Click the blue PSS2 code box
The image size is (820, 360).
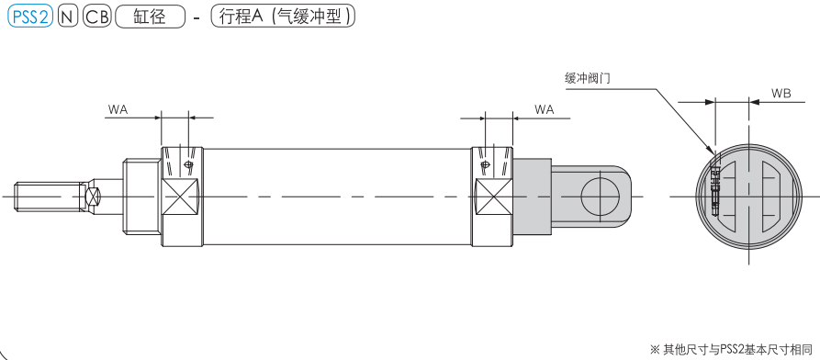(x=30, y=17)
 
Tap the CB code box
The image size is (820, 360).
(x=97, y=17)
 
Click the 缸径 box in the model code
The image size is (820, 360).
(x=150, y=17)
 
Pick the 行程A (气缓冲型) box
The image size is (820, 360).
(x=283, y=17)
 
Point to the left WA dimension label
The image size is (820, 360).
(x=118, y=109)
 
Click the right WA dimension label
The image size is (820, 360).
(x=545, y=109)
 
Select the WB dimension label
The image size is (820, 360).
(x=781, y=94)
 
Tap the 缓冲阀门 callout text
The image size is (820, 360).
(x=589, y=78)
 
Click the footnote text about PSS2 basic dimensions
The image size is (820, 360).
(x=731, y=348)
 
